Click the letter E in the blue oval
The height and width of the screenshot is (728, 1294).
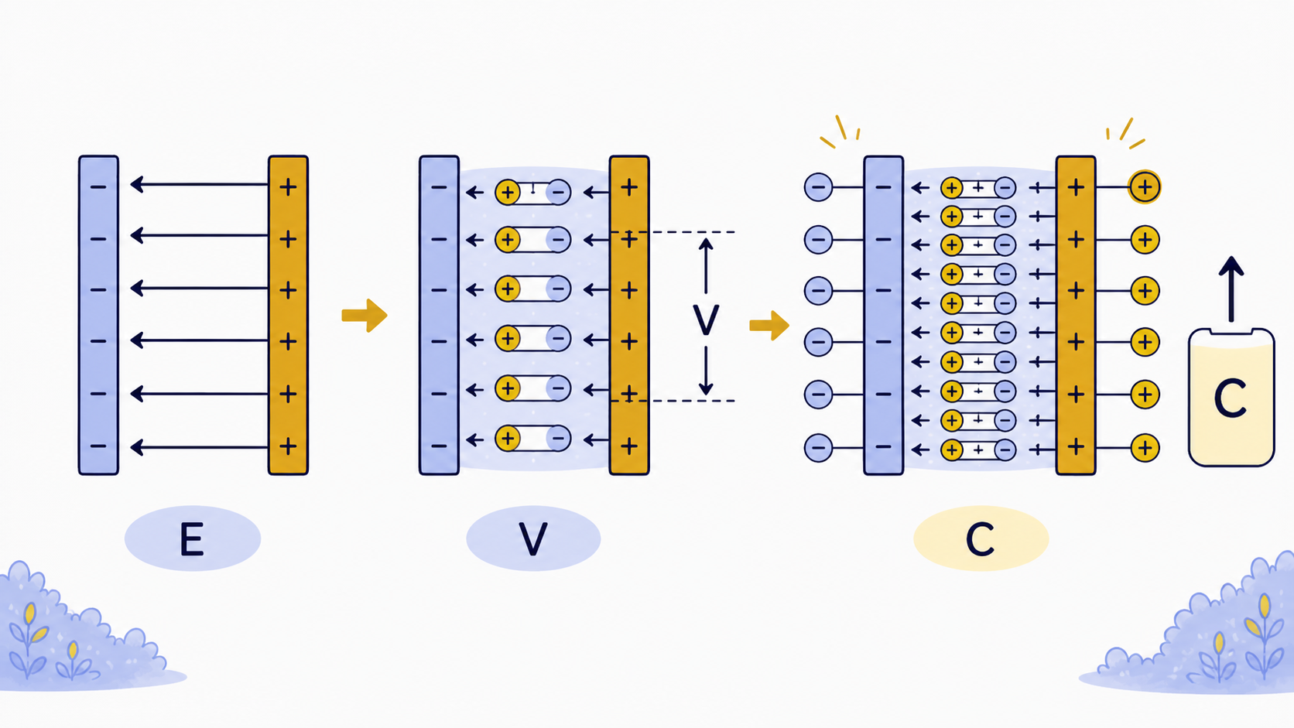(x=192, y=538)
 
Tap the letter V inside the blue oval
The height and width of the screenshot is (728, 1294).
(x=532, y=538)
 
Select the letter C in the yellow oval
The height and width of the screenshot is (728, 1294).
(x=981, y=539)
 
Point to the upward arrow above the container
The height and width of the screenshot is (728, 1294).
(x=1231, y=289)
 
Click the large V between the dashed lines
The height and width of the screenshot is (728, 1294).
(x=705, y=320)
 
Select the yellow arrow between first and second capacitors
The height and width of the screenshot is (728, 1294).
(x=364, y=315)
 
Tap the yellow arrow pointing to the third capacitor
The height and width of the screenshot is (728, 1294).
(x=769, y=326)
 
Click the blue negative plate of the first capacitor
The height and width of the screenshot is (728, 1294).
(x=98, y=315)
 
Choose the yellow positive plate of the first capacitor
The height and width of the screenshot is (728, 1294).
(x=288, y=315)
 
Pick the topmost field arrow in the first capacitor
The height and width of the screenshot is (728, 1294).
(x=200, y=185)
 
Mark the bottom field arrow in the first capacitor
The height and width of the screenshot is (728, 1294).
(x=200, y=447)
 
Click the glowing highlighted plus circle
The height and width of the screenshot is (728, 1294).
(x=1145, y=187)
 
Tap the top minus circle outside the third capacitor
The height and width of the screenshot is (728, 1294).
(x=819, y=187)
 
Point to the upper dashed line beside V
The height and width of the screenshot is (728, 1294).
(x=673, y=232)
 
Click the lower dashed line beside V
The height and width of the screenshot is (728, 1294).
(x=673, y=400)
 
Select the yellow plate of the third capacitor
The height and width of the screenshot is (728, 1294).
(x=1076, y=315)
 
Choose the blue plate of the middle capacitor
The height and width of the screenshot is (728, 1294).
(x=439, y=315)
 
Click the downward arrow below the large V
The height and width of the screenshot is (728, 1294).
(x=705, y=371)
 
